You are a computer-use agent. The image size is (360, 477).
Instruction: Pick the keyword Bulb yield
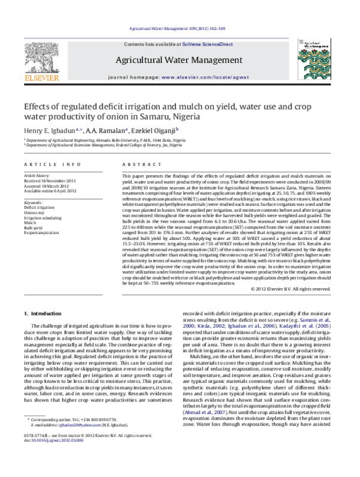coord(32,228)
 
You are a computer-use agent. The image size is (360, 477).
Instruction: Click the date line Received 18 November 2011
coord(50,180)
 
